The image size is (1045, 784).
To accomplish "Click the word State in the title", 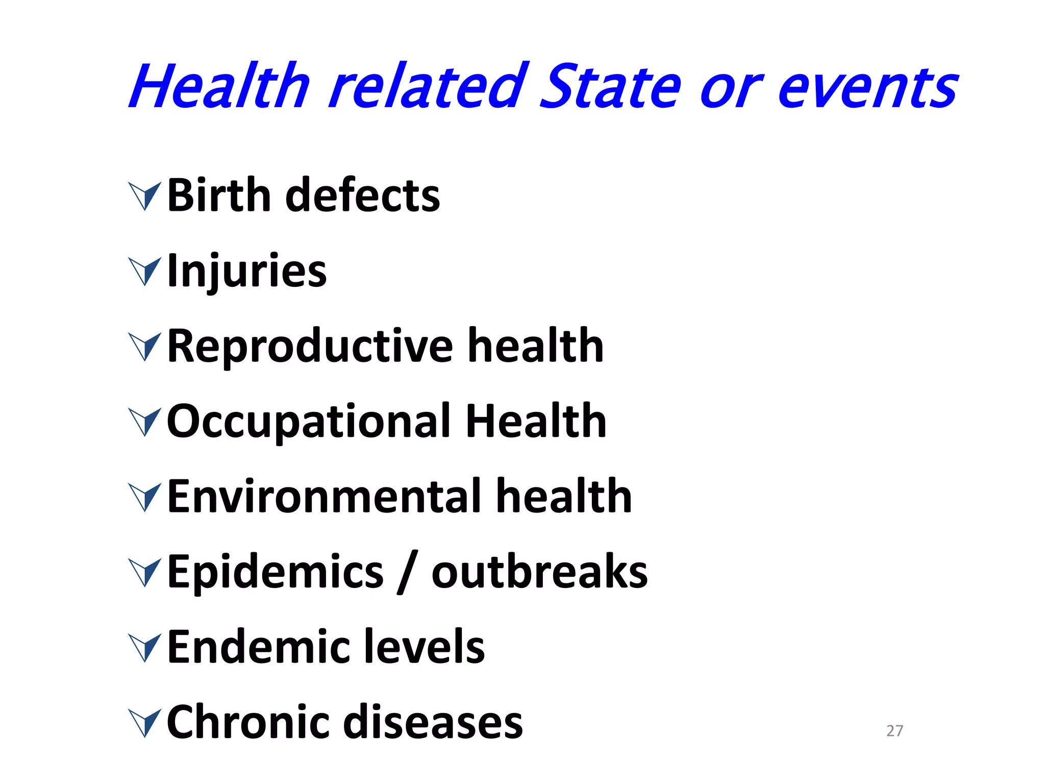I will (x=610, y=87).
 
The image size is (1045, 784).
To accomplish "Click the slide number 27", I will (x=894, y=731).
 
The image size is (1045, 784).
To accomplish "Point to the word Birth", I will (x=219, y=195).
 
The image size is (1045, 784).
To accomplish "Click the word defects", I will (x=362, y=195).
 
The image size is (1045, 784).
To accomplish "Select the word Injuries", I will (x=247, y=271).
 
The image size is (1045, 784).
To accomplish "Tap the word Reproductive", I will (x=310, y=346).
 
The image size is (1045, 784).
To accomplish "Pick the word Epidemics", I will (x=275, y=572).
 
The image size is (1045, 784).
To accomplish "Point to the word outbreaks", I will (x=539, y=572).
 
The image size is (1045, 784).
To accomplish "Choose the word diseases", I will (x=433, y=722).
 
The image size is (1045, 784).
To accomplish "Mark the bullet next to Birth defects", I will (x=145, y=196).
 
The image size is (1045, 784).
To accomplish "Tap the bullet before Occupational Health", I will (x=145, y=422).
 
